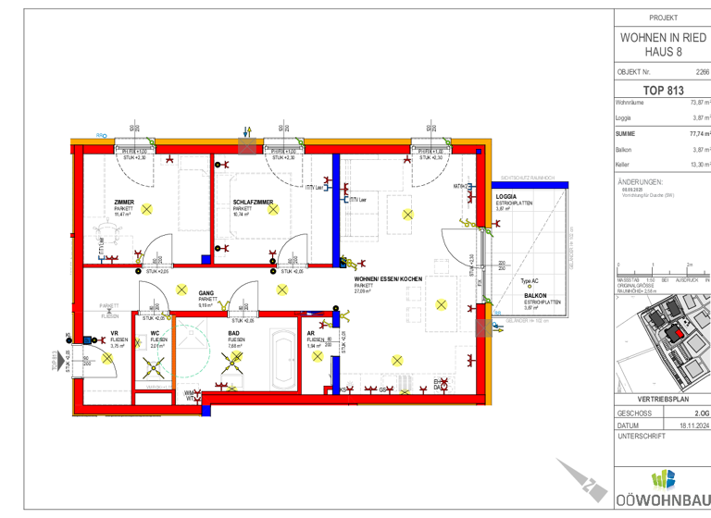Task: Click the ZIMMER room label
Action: [x=124, y=202]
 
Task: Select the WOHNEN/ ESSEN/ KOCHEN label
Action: [x=388, y=278]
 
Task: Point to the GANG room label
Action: [x=206, y=293]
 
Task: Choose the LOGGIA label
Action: [x=505, y=196]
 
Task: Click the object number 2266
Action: [x=701, y=71]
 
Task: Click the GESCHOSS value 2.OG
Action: [x=701, y=413]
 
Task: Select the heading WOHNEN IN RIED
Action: [x=663, y=37]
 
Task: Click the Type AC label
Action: [x=530, y=281]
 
